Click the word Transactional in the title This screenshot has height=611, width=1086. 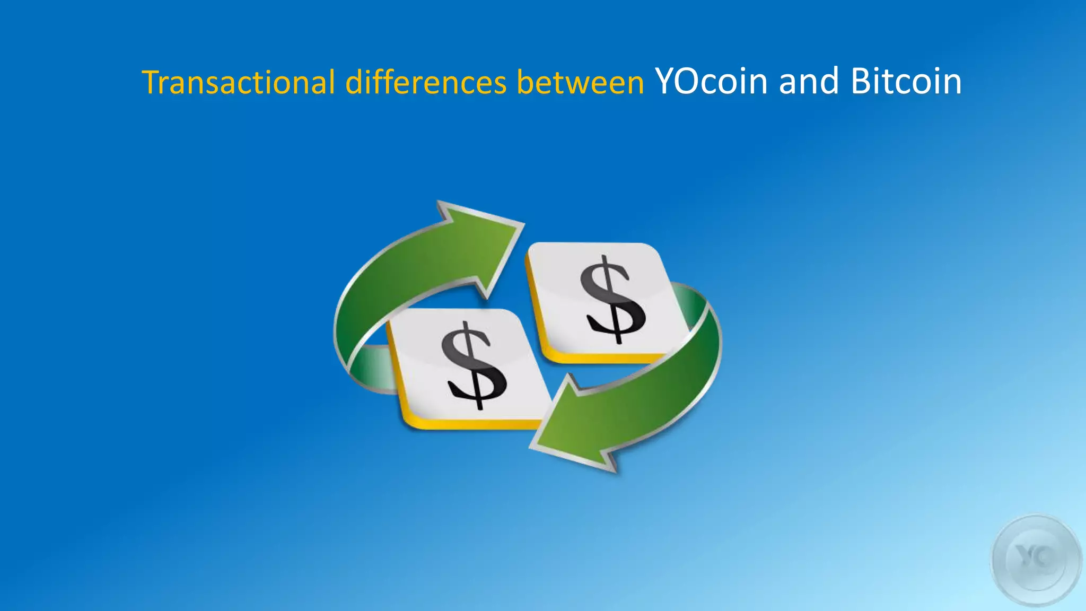(x=239, y=83)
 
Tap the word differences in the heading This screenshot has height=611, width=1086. (x=425, y=83)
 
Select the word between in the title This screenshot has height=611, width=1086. (x=580, y=83)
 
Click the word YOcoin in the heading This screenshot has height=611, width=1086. (x=711, y=82)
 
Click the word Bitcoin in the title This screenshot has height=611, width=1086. (x=906, y=82)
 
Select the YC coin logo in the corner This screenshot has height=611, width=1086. (x=1036, y=560)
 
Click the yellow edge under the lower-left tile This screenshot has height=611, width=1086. (x=467, y=424)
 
